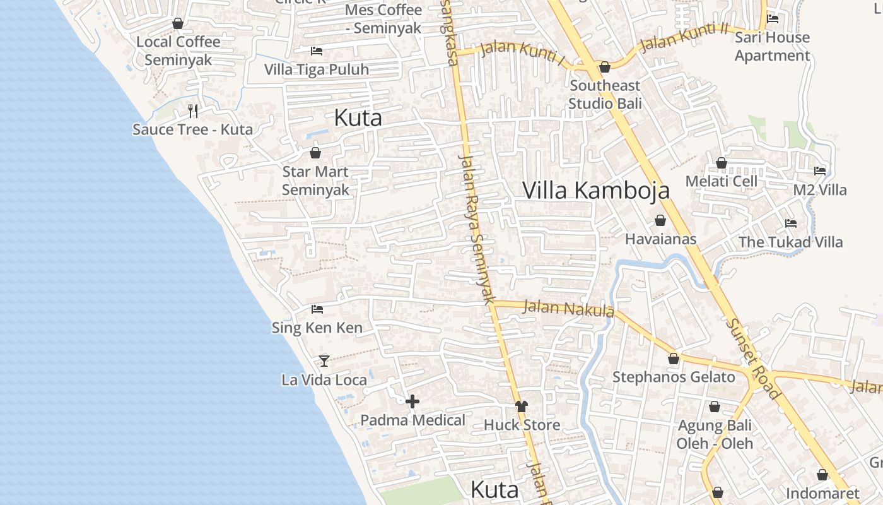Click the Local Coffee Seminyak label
click(x=178, y=51)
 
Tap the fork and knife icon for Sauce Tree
click(x=193, y=111)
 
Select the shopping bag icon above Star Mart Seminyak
click(x=315, y=153)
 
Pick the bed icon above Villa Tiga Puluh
click(x=317, y=50)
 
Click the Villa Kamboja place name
click(x=596, y=190)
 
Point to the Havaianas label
click(x=660, y=239)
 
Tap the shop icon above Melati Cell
click(x=722, y=163)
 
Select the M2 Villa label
click(x=820, y=190)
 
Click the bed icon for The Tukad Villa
click(x=790, y=223)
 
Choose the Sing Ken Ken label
click(x=317, y=328)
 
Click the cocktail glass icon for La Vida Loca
click(x=324, y=360)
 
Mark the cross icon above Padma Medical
click(x=412, y=401)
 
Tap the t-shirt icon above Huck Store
click(x=521, y=407)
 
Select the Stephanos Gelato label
click(x=674, y=377)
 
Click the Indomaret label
click(x=822, y=493)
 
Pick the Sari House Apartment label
click(x=772, y=47)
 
